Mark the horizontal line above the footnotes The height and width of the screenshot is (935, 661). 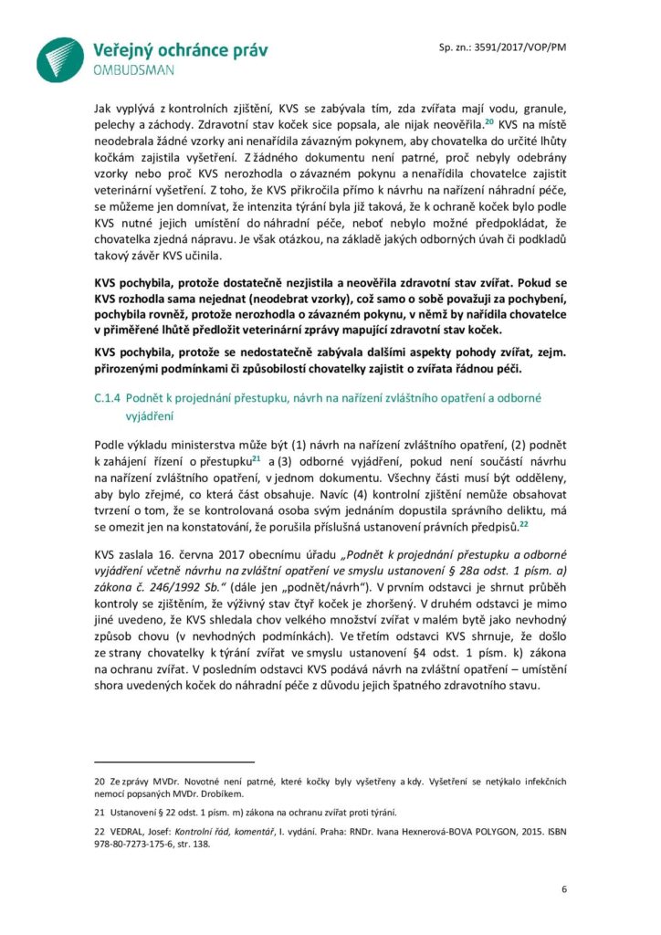pos(173,760)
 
